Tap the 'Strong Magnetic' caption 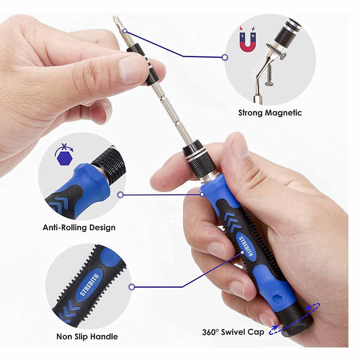[270, 113]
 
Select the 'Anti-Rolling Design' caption [79, 228]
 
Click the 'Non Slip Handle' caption [87, 337]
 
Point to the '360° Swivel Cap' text [233, 332]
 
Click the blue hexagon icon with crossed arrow [64, 155]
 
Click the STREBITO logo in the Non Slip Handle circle [89, 284]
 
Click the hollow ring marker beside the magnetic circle [225, 57]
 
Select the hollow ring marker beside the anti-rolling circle [120, 195]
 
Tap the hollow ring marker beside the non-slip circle [131, 287]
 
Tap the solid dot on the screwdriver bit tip [125, 31]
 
